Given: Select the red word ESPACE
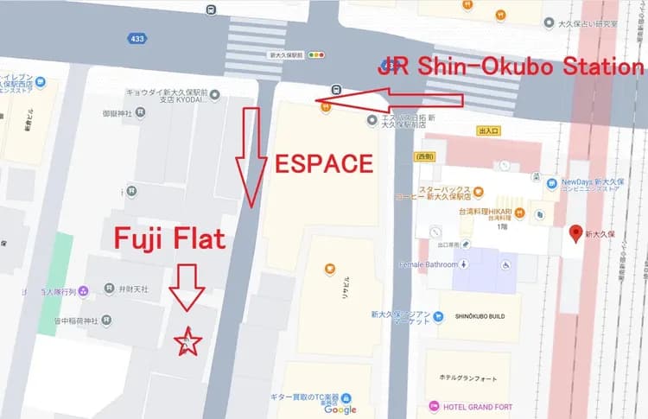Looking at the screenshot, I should [324, 163].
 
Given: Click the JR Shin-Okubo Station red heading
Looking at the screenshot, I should [511, 66].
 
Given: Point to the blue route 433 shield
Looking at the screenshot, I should [137, 38].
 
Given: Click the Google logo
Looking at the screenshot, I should [340, 409].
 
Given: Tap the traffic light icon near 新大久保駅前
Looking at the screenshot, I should [319, 54].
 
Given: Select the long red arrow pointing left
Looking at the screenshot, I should [389, 101].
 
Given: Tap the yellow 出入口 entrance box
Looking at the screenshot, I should [488, 131].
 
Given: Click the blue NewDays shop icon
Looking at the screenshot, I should [551, 182].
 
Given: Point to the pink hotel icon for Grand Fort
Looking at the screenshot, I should [434, 406].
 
